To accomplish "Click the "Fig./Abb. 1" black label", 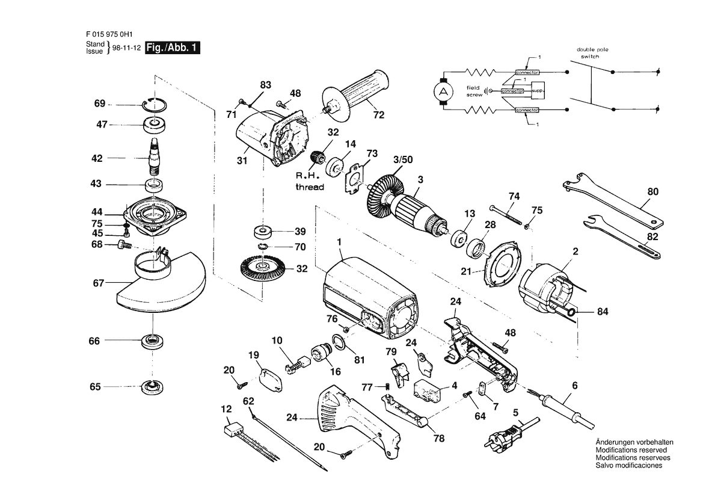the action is [172, 48].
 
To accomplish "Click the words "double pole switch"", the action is [592, 53].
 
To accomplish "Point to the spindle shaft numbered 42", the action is [154, 158].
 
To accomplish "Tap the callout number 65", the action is [95, 387].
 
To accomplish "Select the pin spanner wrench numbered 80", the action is [613, 199].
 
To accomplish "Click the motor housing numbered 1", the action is [370, 298].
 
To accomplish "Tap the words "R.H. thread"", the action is [309, 181].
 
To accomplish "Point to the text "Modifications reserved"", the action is [631, 450].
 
